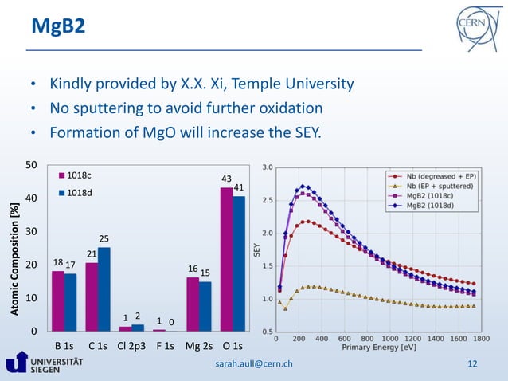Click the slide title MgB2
click(58, 27)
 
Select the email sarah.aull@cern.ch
click(254, 364)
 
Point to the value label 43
click(226, 179)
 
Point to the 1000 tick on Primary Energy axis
click(389, 338)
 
